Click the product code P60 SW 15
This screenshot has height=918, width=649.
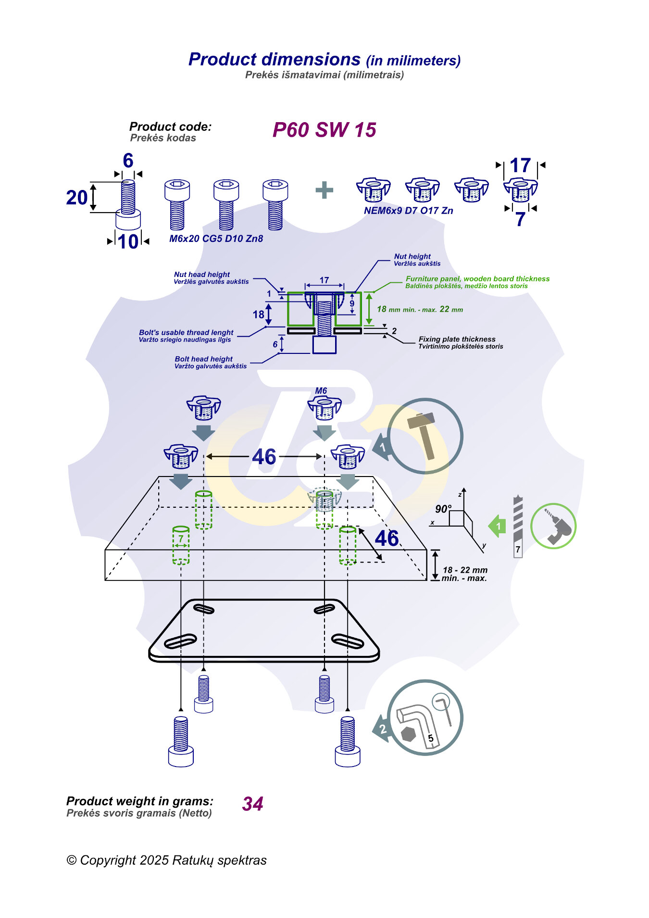tap(324, 130)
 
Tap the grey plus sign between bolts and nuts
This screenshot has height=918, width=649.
tap(324, 190)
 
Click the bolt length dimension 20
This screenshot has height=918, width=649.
tap(76, 198)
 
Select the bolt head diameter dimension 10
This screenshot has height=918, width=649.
tap(128, 241)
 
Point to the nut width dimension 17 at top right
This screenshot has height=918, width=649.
tap(520, 165)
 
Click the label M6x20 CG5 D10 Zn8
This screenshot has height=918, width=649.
tap(216, 239)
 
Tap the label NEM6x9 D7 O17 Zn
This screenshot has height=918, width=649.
tap(408, 211)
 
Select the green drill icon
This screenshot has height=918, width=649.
tap(553, 526)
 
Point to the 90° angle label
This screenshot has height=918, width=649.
tap(443, 509)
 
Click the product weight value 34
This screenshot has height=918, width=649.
tap(253, 804)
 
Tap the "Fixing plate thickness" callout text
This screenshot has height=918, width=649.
tap(457, 339)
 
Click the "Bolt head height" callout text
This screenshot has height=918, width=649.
tap(203, 359)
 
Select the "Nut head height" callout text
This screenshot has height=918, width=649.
tap(202, 274)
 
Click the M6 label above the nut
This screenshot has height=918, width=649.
tap(321, 390)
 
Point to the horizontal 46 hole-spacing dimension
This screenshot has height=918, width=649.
tap(264, 456)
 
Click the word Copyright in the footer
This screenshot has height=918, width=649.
tap(108, 860)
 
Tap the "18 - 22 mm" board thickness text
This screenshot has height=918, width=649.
tap(465, 570)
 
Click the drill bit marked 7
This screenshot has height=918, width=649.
tap(518, 527)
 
